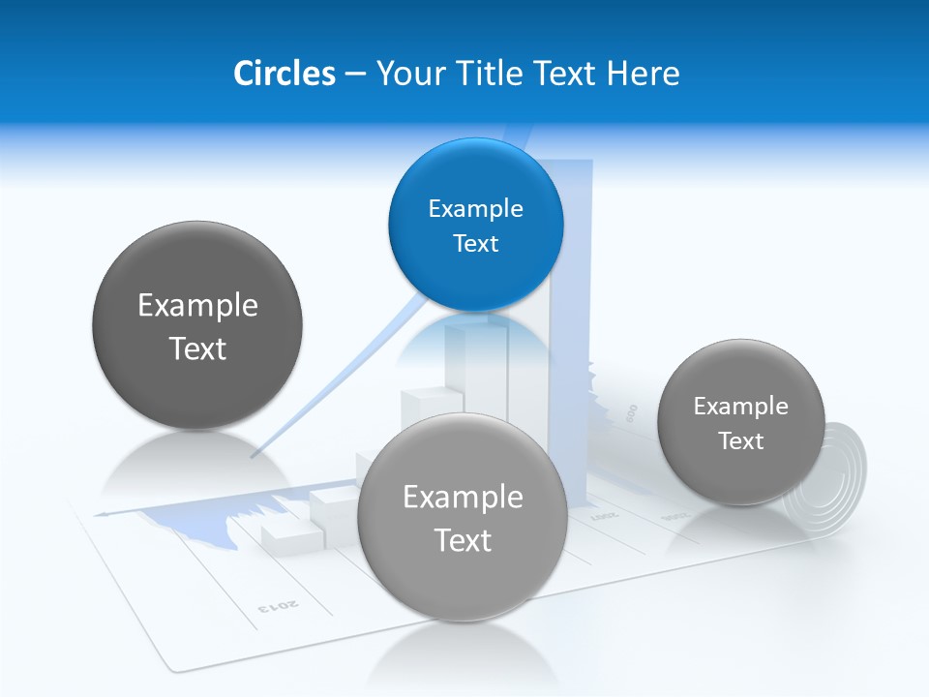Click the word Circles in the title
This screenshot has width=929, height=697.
[284, 74]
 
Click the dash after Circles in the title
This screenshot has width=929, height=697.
[354, 75]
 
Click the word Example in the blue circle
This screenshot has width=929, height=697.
[475, 208]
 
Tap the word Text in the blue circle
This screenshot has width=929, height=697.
[475, 243]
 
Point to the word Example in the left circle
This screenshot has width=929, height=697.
[197, 306]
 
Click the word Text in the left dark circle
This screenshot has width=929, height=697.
[197, 348]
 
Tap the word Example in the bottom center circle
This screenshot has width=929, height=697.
[463, 498]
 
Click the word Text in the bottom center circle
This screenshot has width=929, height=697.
[463, 540]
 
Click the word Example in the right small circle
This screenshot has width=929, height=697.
[740, 407]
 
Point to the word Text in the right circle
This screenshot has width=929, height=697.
[740, 441]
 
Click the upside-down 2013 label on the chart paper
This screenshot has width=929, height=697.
[278, 607]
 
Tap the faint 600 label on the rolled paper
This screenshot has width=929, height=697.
[632, 413]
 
